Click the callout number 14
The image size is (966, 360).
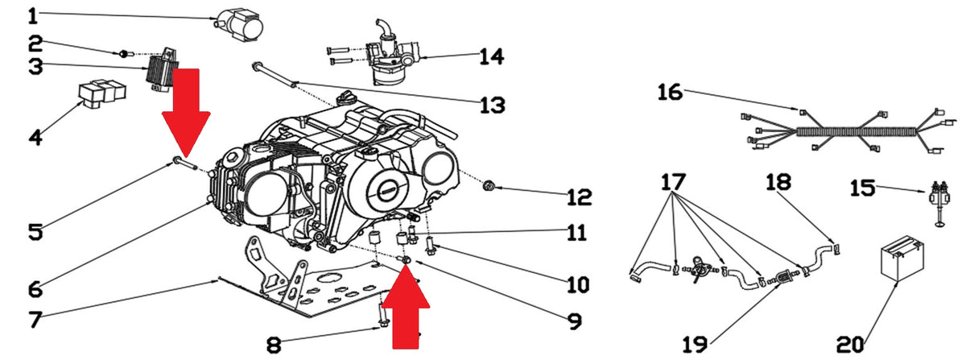492,56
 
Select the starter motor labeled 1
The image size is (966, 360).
240,25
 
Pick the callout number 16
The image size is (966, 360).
670,93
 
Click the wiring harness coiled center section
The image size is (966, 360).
856,131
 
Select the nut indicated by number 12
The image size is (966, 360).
489,187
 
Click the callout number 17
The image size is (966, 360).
673,182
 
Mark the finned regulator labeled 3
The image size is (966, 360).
162,69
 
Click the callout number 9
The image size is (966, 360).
575,321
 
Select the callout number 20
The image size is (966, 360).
850,345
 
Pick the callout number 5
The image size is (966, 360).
35,232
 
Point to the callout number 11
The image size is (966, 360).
576,233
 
